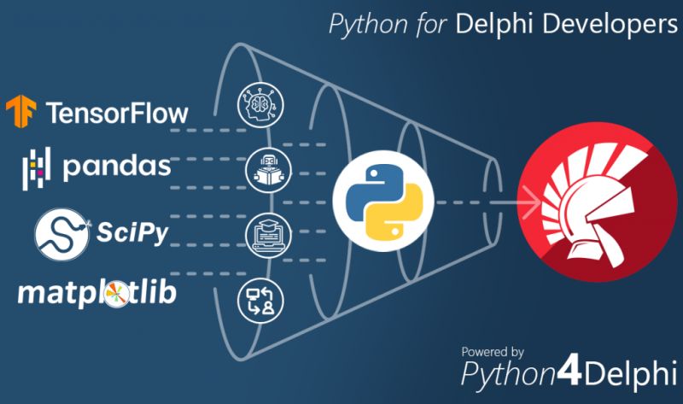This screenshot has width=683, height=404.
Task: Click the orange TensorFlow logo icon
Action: pyautogui.click(x=21, y=113)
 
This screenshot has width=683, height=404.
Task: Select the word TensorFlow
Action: pyautogui.click(x=117, y=113)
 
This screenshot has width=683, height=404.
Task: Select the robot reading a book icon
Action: pyautogui.click(x=261, y=168)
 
